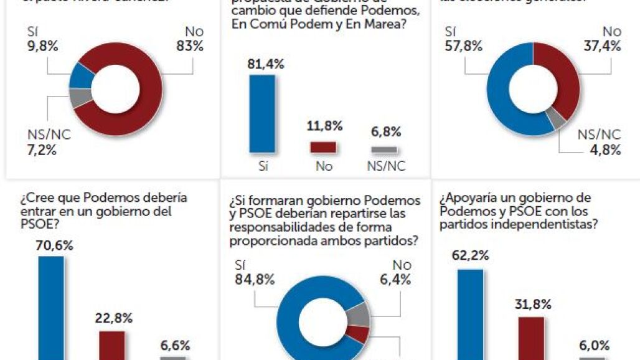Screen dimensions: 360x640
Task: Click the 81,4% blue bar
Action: (261, 113)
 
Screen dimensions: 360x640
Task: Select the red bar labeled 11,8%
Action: (323, 147)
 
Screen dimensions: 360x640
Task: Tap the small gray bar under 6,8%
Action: (384, 149)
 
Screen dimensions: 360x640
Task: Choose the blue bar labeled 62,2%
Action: (470, 314)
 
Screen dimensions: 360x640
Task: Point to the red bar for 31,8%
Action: (531, 338)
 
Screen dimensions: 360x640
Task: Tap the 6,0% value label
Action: (593, 346)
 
